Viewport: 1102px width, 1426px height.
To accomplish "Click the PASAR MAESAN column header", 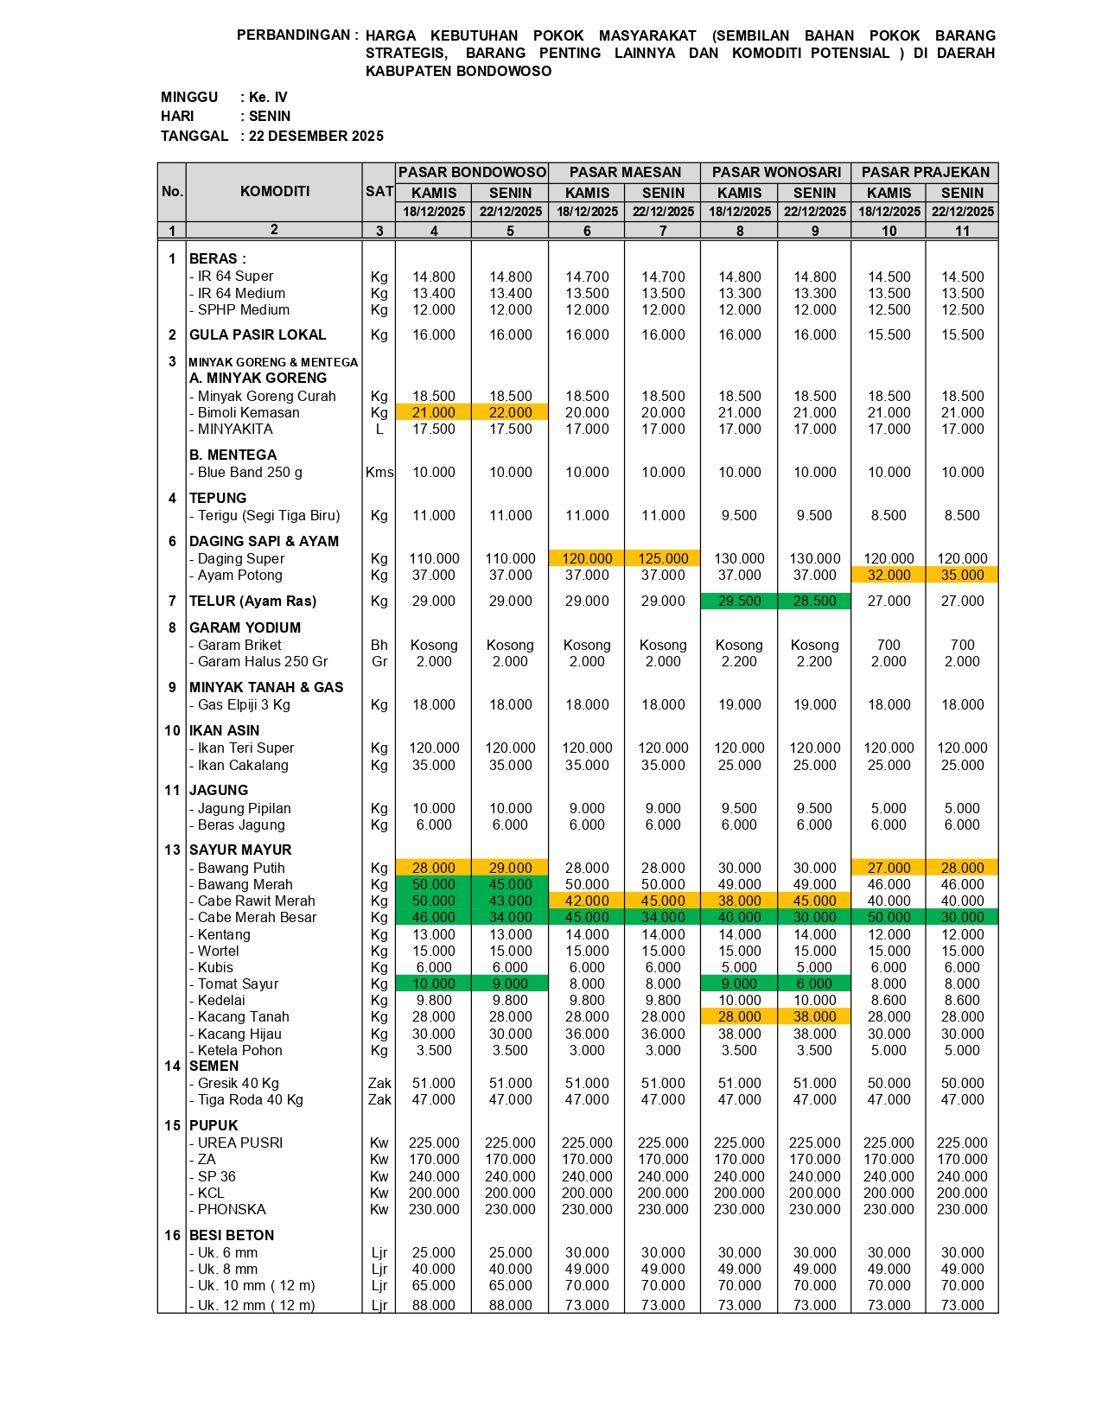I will tap(625, 173).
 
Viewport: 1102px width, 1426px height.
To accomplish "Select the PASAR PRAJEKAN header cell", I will tap(925, 173).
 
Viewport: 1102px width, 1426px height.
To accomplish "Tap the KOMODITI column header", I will tap(274, 191).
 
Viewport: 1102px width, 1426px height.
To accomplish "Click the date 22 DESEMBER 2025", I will tap(316, 136).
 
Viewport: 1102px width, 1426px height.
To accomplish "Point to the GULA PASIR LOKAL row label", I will tap(258, 335).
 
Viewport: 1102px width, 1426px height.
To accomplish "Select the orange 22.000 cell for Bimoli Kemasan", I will tap(510, 413).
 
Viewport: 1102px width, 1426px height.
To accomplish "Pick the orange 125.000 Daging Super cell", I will tap(663, 559).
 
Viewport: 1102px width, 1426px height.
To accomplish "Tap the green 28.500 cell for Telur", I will tap(814, 602).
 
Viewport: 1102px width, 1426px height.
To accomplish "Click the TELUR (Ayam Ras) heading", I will tap(252, 602).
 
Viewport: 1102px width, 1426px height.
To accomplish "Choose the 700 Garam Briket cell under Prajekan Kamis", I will tap(889, 646).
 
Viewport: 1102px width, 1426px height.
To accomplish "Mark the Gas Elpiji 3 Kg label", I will tap(244, 705).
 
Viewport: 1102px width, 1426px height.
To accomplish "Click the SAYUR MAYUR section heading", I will tap(240, 850).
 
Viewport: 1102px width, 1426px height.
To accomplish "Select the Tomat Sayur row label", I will tap(238, 984).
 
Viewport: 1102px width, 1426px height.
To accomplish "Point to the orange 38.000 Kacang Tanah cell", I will tap(814, 1017).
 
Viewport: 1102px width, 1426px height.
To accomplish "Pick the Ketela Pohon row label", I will tap(239, 1051).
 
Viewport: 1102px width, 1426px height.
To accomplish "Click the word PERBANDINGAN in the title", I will tap(293, 35).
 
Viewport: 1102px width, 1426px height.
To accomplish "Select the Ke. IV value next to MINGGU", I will tap(268, 98).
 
